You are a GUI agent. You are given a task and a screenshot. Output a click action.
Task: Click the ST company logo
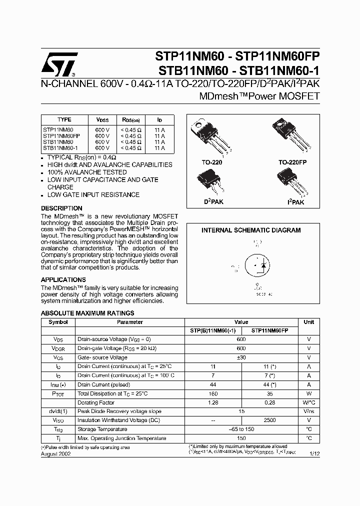tap(59, 63)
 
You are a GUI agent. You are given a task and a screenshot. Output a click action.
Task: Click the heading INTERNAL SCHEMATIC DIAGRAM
tap(251, 230)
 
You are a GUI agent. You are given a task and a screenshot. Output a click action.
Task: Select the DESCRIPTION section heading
tap(61, 208)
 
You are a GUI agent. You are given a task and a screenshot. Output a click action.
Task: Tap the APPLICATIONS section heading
tap(63, 279)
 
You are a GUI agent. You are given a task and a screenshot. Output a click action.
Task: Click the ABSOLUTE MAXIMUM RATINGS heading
tap(87, 313)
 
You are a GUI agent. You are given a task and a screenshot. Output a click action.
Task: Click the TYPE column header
tap(64, 120)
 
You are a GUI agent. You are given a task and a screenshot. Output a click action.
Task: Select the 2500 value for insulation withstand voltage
tap(270, 420)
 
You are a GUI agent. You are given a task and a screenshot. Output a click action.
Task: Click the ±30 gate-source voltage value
tap(241, 357)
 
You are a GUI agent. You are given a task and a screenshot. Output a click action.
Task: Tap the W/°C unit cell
tap(308, 402)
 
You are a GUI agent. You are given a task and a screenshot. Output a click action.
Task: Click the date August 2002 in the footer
tap(55, 454)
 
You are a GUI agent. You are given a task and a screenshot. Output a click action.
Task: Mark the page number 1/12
tap(313, 453)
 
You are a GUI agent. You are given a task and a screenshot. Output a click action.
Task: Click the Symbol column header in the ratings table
tap(58, 322)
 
